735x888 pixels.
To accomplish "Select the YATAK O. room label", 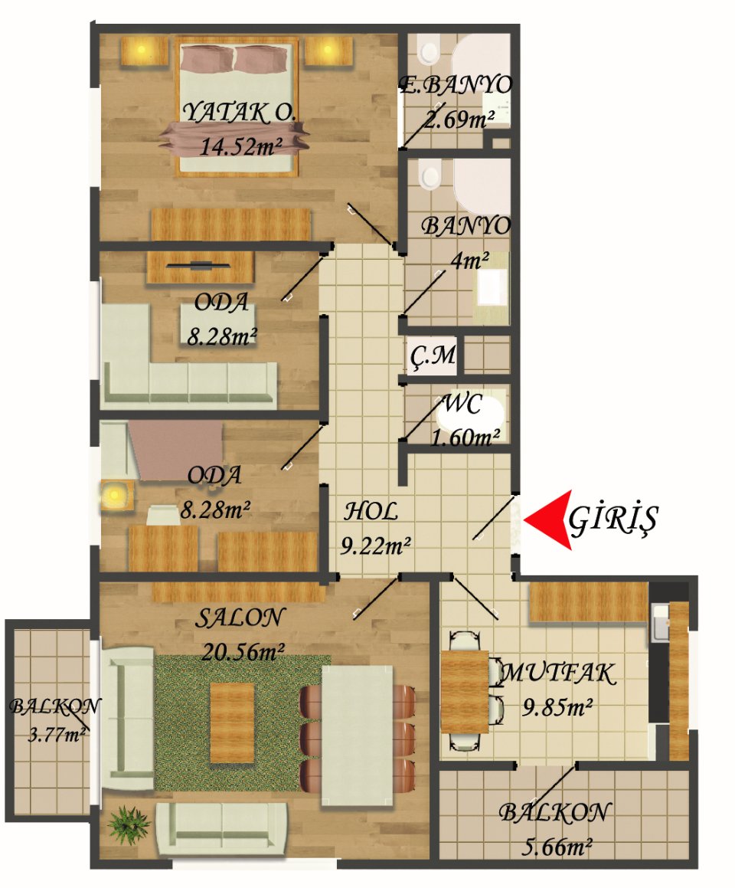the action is [238, 113].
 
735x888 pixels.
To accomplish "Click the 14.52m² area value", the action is [240, 146].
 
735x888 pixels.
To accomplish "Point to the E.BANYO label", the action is [456, 85].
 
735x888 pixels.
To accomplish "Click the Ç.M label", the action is [433, 356].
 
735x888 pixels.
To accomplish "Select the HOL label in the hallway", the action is [371, 511].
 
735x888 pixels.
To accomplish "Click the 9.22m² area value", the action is [375, 546].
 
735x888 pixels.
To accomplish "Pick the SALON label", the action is [240, 618].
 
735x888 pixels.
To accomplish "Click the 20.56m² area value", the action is [243, 652].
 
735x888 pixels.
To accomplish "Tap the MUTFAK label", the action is [558, 673].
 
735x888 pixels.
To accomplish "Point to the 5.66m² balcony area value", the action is [556, 847].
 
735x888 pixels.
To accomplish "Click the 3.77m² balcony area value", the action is [57, 735].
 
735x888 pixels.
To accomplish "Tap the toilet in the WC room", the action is [471, 414].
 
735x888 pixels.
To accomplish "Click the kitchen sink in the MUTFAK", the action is [659, 623].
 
